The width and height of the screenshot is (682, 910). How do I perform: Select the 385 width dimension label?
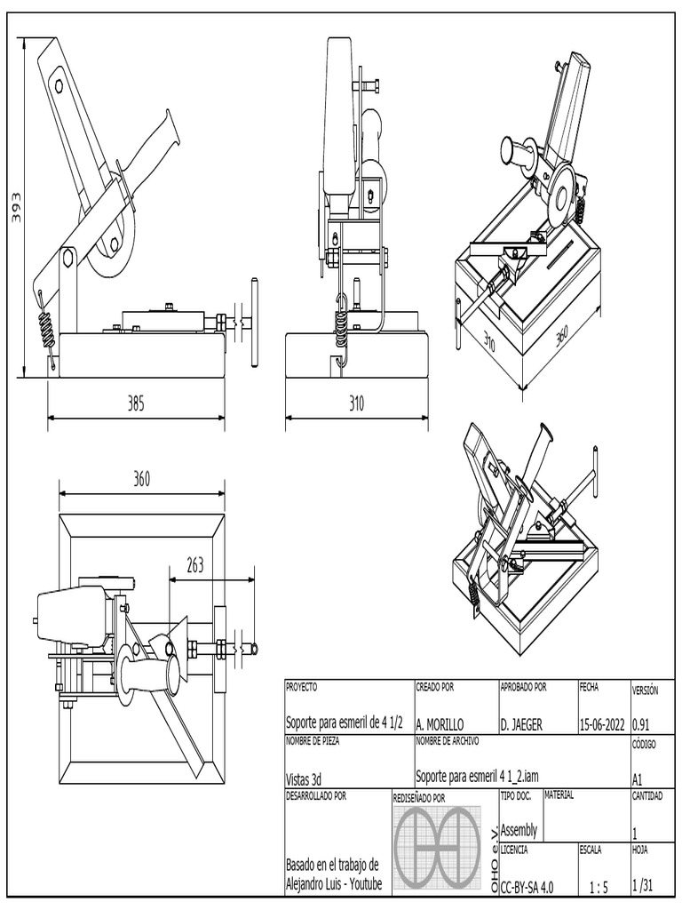tap(135, 403)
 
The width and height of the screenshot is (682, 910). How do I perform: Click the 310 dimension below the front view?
tap(356, 403)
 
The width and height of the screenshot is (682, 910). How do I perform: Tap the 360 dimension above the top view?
tap(142, 479)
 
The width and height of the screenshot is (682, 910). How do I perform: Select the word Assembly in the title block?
tap(519, 830)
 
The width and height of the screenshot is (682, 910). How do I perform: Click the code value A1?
tap(638, 778)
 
